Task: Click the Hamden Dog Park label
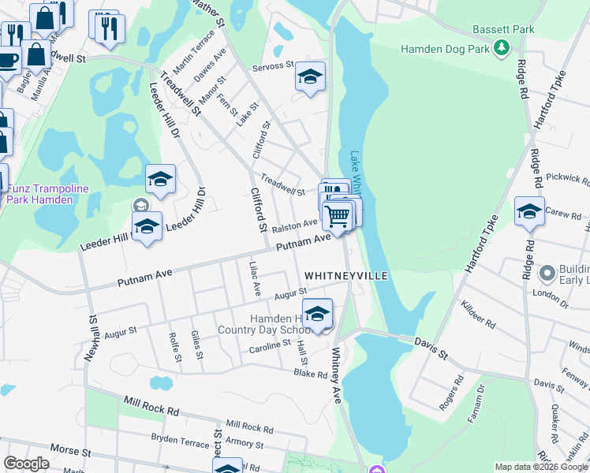click(445, 49)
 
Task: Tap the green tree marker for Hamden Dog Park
click(501, 49)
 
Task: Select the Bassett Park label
click(503, 30)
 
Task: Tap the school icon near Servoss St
click(310, 77)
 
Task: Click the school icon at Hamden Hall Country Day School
click(317, 314)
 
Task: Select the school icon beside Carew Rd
click(528, 211)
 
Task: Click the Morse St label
click(69, 450)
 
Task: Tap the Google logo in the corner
click(26, 464)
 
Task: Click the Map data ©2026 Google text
click(541, 467)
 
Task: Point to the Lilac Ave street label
click(255, 279)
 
